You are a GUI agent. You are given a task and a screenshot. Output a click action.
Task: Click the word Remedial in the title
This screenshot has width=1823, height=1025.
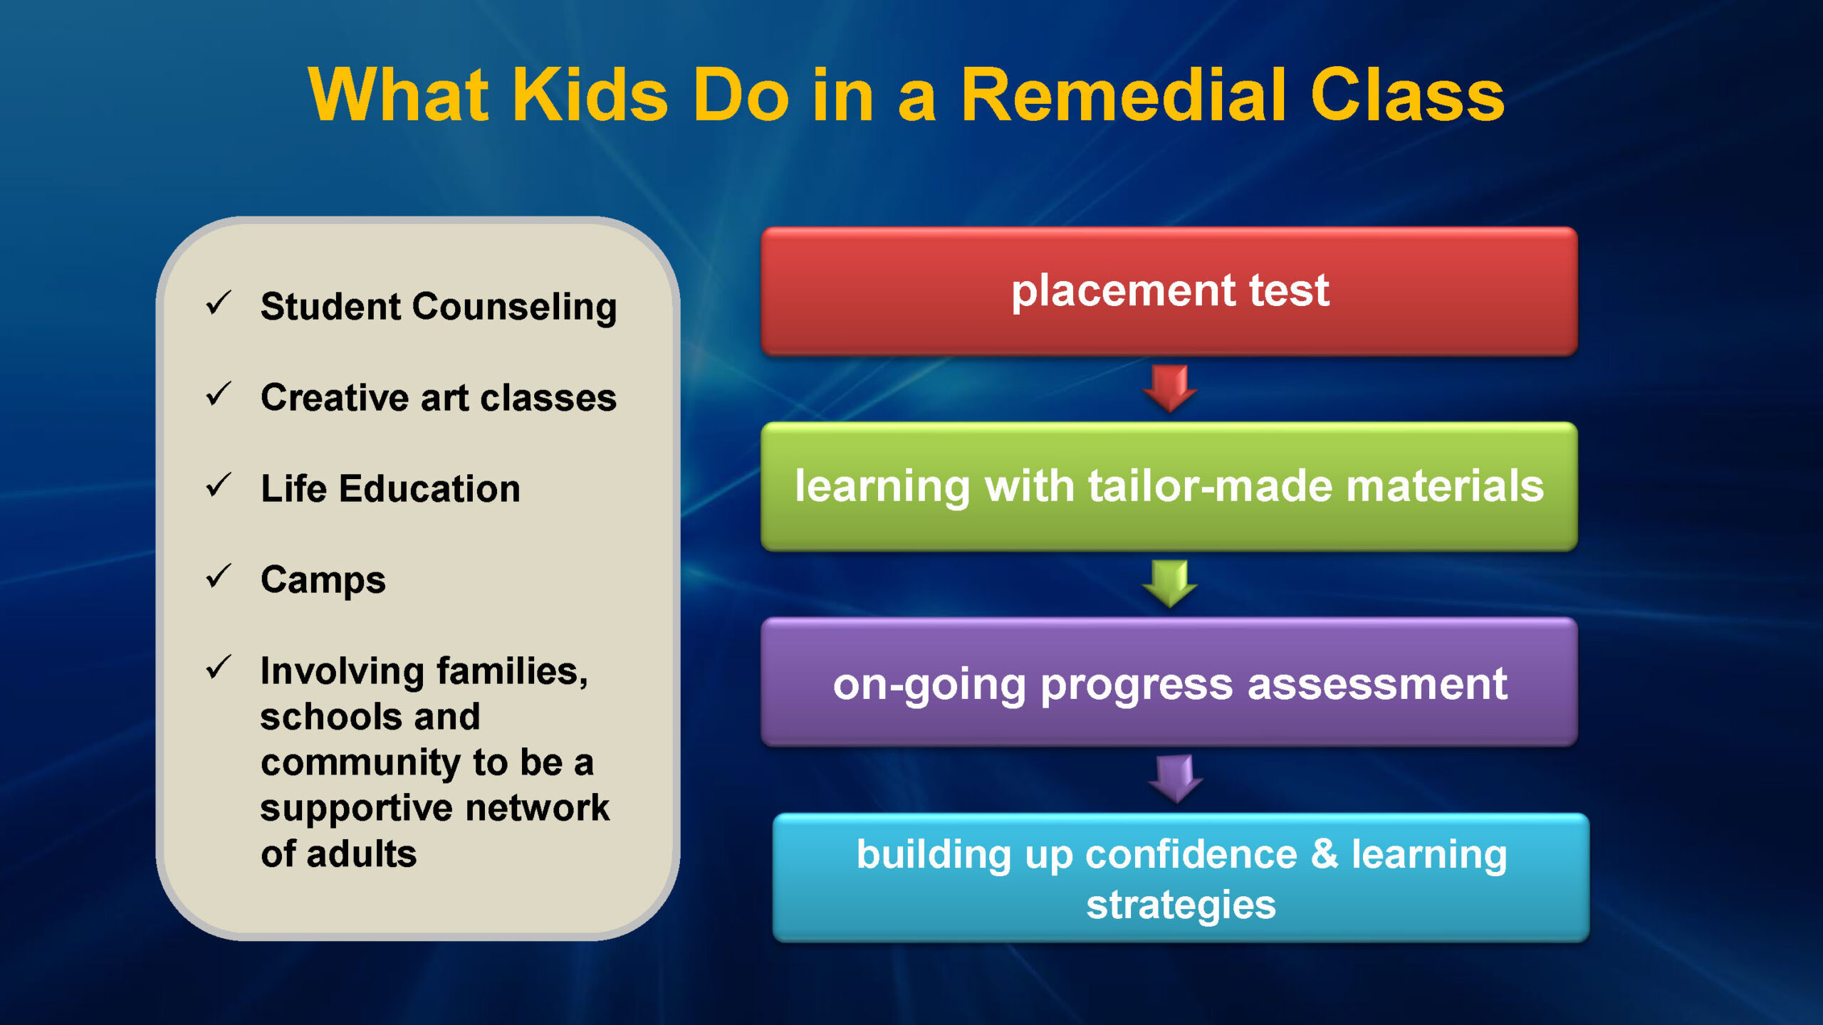1124,95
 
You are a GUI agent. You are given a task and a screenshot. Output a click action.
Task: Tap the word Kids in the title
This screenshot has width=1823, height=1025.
590,95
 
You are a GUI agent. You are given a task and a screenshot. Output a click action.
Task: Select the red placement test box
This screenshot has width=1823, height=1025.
1169,291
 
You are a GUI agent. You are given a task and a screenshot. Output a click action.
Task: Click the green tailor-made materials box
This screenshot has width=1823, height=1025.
1169,486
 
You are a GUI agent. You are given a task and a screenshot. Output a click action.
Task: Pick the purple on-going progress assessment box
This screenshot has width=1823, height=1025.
1169,682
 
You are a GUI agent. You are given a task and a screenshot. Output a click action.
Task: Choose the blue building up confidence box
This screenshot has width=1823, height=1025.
1181,878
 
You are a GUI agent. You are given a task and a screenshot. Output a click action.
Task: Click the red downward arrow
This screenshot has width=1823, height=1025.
1169,389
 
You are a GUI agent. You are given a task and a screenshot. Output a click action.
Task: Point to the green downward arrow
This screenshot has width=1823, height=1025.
1169,584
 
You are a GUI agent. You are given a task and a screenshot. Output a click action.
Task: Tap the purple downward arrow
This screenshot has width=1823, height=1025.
1176,779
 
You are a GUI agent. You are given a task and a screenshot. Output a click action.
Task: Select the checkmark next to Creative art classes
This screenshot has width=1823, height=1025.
218,394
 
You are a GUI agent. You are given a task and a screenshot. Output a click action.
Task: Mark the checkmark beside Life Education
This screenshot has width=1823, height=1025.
218,485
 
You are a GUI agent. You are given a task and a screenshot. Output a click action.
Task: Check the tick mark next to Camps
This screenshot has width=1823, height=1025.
218,576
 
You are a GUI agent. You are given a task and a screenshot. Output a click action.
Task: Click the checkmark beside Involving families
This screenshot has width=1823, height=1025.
218,667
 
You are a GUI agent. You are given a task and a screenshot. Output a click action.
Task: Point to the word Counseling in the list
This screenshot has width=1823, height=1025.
514,307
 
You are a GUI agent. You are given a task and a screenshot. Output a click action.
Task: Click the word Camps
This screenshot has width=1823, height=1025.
323,580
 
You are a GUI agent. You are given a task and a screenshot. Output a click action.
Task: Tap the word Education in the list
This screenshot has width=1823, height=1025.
429,488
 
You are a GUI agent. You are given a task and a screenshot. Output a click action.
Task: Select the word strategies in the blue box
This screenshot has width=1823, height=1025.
1181,905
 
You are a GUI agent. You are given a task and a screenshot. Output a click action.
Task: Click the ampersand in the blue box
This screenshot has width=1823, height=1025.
1325,853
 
